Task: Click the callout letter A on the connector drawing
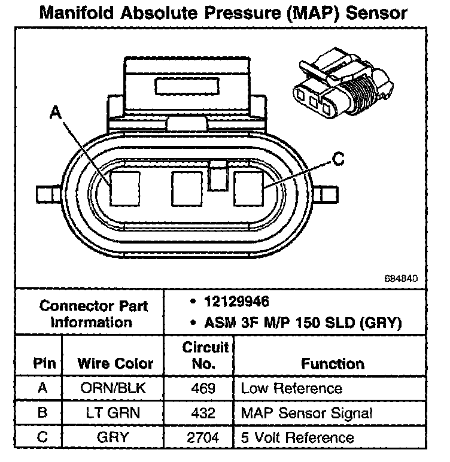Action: [x=56, y=112]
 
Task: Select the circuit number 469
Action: [x=204, y=388]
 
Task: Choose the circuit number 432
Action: [x=204, y=413]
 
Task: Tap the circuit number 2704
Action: [x=204, y=437]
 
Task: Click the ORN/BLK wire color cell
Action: [x=113, y=388]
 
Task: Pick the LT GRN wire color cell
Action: [x=113, y=413]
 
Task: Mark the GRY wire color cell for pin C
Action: [x=113, y=437]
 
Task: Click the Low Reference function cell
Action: [x=291, y=388]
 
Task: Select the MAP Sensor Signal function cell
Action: [x=306, y=413]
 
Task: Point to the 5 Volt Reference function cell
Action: [x=297, y=437]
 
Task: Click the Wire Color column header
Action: [x=115, y=363]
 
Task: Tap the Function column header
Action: [x=333, y=363]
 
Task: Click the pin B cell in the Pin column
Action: [x=42, y=413]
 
